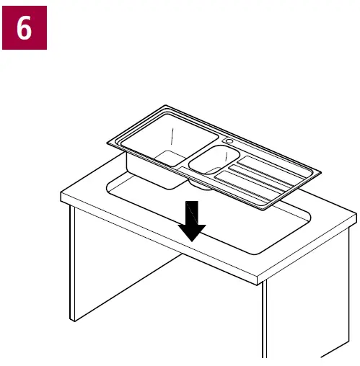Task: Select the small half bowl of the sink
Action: pyautogui.click(x=213, y=159)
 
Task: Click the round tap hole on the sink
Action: pyautogui.click(x=229, y=140)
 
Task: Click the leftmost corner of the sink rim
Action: pyautogui.click(x=108, y=142)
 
